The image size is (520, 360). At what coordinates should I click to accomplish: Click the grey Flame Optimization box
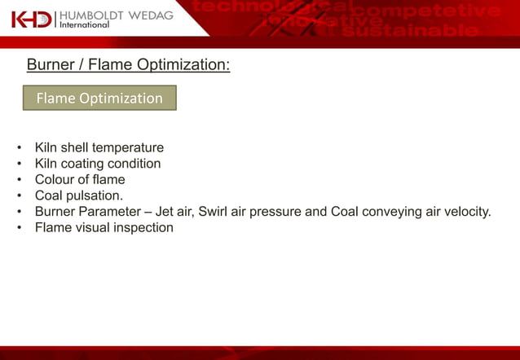click(x=99, y=99)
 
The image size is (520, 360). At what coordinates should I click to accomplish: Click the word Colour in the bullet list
click(x=55, y=179)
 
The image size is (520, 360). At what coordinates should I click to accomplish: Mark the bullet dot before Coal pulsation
click(x=19, y=196)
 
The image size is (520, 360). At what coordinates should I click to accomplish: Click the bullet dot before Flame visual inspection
click(x=19, y=228)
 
